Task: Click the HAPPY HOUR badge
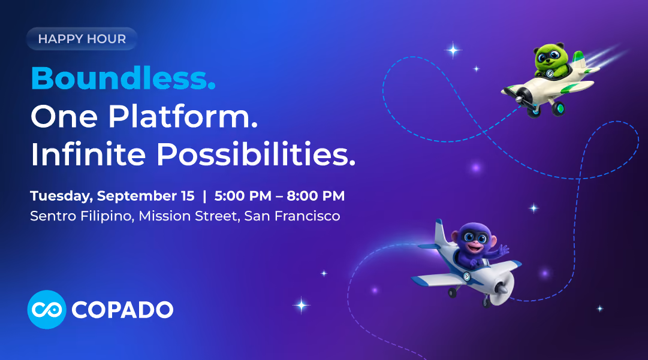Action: pyautogui.click(x=82, y=39)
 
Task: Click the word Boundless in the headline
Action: pyautogui.click(x=123, y=78)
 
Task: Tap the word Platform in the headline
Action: pyautogui.click(x=183, y=116)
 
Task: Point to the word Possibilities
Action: pyautogui.click(x=256, y=154)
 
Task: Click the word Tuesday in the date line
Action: pyautogui.click(x=61, y=196)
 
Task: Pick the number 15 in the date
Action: pyautogui.click(x=188, y=196)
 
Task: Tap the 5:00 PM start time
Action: pyautogui.click(x=243, y=196)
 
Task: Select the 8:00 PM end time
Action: pyautogui.click(x=316, y=196)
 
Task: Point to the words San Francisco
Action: pyautogui.click(x=292, y=216)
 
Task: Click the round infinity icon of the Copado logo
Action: pyautogui.click(x=47, y=310)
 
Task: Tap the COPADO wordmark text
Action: pyautogui.click(x=122, y=310)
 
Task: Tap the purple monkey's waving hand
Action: pyautogui.click(x=503, y=250)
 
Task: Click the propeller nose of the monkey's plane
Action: pyautogui.click(x=502, y=288)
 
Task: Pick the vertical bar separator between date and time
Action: pyautogui.click(x=204, y=196)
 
